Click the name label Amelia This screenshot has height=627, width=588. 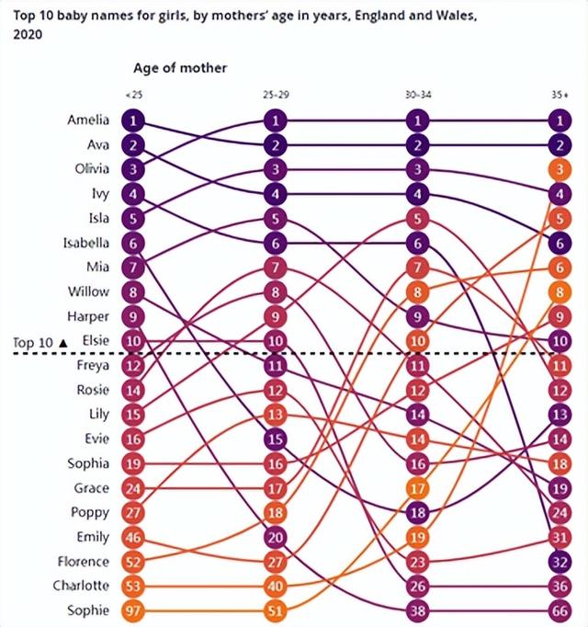[x=88, y=120]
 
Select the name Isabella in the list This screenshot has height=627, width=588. [x=86, y=243]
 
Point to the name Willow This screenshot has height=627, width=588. [x=88, y=291]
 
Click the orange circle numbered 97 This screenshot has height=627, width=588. [x=134, y=610]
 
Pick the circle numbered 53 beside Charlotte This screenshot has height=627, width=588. [x=134, y=586]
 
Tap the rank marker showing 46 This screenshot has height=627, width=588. [x=134, y=537]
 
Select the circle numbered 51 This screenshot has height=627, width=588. [x=276, y=610]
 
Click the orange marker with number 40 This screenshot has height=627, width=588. [x=276, y=586]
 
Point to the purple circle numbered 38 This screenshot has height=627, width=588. [x=417, y=610]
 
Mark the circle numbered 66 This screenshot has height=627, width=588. [x=559, y=610]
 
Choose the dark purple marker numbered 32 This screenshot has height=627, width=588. [x=559, y=561]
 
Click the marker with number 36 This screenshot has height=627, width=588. [x=559, y=586]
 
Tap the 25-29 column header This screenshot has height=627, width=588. [x=276, y=94]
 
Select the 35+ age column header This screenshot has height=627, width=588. [x=559, y=94]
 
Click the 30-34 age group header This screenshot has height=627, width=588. [x=417, y=94]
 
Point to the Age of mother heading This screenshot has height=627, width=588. [x=180, y=68]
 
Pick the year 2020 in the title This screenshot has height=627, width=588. [x=27, y=34]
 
